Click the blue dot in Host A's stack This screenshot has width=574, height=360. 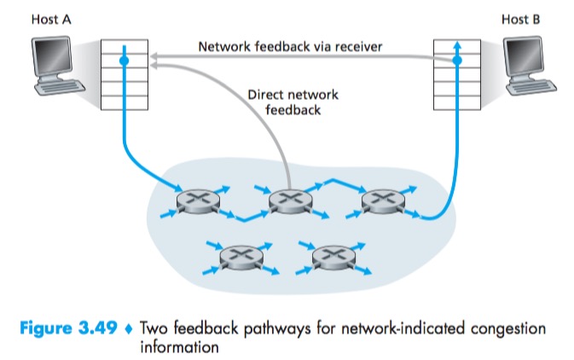[x=125, y=61]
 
